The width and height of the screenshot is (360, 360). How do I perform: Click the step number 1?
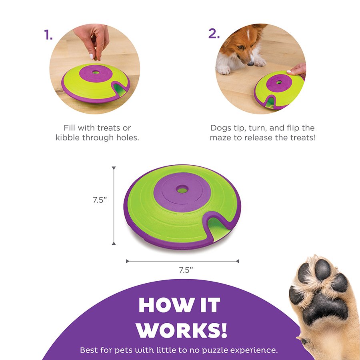pos(48,35)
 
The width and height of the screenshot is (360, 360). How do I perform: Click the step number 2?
pos(214,34)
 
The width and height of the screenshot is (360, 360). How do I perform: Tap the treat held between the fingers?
pos(96,58)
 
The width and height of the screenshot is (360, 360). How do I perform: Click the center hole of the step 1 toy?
pos(96,72)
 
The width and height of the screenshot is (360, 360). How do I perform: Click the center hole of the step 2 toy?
pos(279,82)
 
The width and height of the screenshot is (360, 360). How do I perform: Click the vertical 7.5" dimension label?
pos(100,200)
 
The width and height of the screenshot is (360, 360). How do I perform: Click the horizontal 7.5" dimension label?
pos(186,270)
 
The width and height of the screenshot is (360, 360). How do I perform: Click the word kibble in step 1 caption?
pos(68,138)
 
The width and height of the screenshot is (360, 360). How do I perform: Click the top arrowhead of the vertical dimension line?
pos(114,168)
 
